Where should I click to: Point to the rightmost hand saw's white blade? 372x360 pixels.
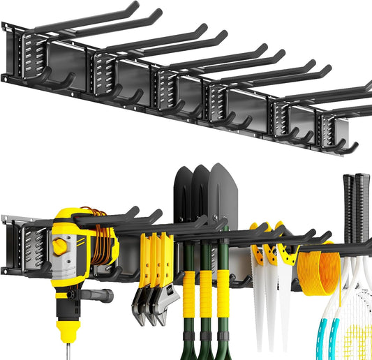285,300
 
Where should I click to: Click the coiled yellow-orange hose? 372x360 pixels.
318,269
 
